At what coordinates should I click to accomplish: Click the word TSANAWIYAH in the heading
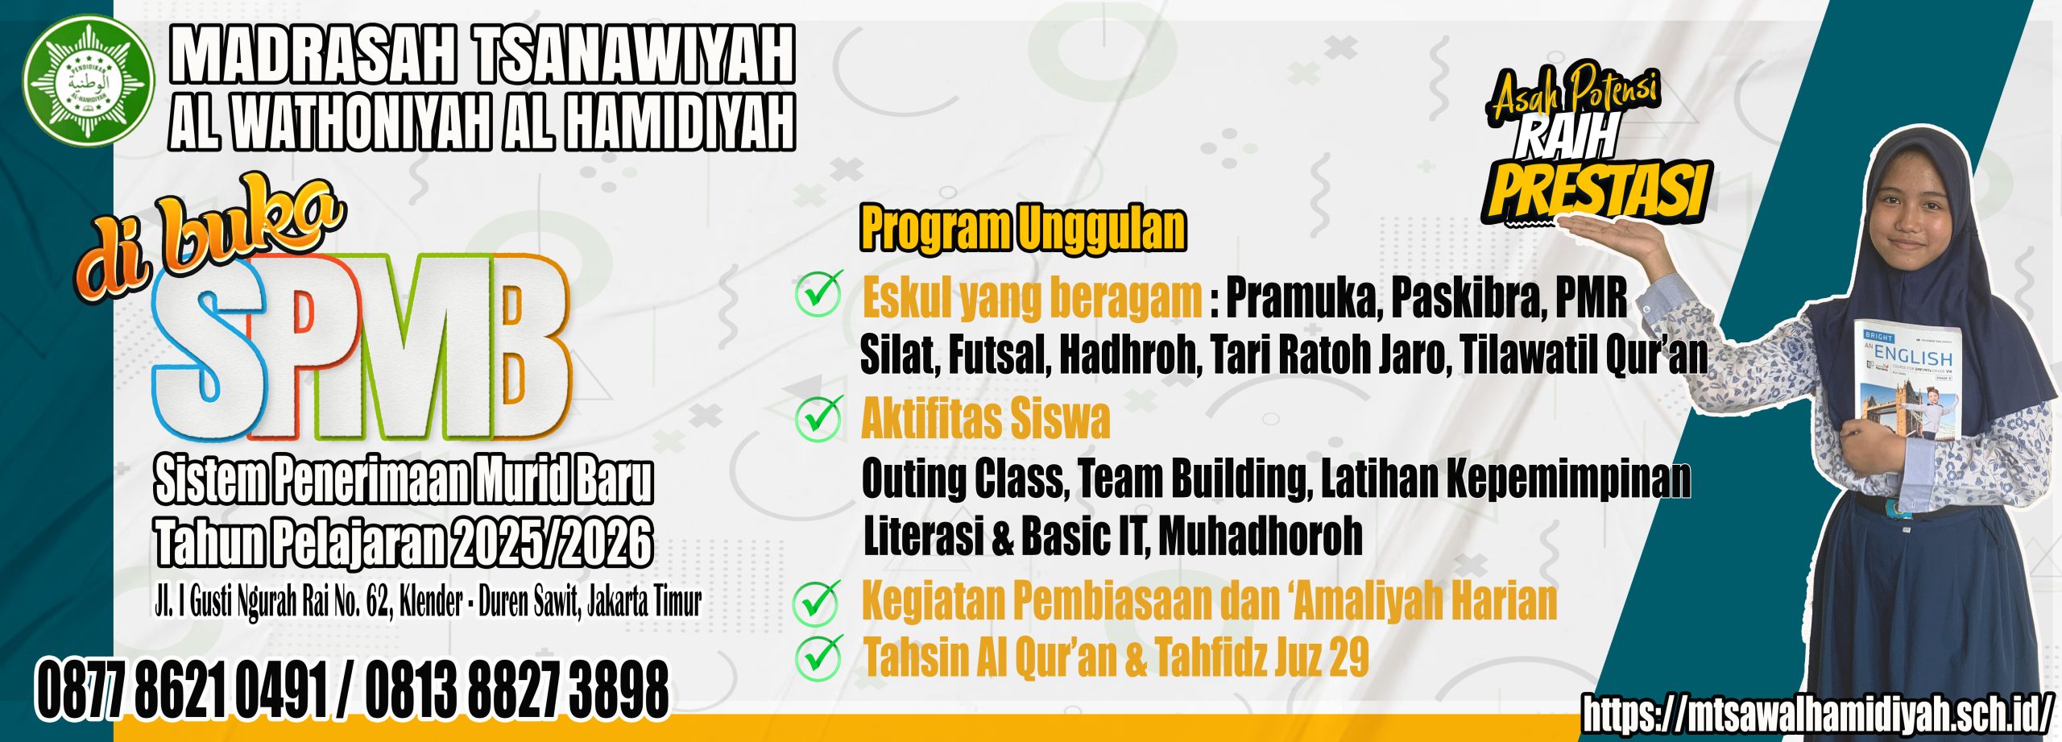coord(634,55)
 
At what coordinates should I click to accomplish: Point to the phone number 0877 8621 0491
coord(182,690)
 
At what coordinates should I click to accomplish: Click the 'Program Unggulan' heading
coord(1023,229)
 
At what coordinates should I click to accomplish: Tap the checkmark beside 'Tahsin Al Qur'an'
coord(819,656)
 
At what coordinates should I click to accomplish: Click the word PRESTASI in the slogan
coord(1598,190)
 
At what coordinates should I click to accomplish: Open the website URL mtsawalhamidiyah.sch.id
coord(1820,713)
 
